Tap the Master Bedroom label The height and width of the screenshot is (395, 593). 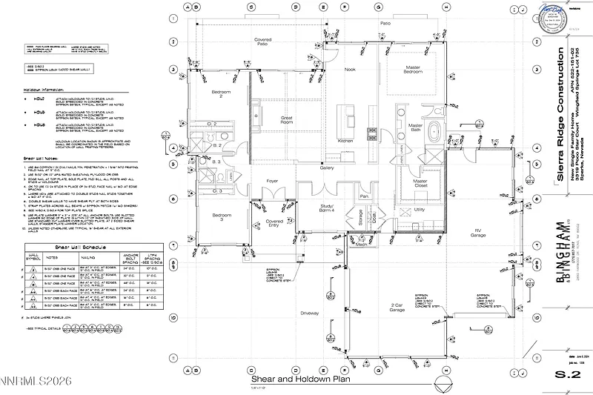413,70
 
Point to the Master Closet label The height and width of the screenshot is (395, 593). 420,183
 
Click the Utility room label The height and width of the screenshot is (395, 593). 420,210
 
